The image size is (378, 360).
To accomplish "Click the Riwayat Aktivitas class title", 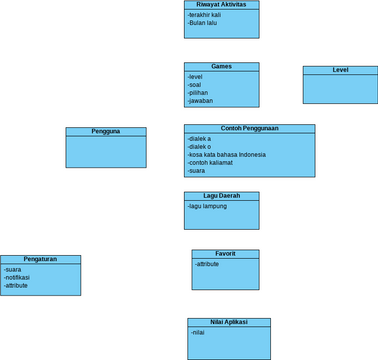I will [x=222, y=5].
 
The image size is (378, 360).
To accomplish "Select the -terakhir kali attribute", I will [x=206, y=15].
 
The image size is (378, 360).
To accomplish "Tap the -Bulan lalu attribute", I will [x=203, y=23].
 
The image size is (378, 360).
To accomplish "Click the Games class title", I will [x=221, y=67].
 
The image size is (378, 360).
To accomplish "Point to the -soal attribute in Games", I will [x=194, y=85].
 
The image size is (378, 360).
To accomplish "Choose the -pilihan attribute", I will [x=198, y=93].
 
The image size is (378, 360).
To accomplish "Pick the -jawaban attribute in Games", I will [x=200, y=101].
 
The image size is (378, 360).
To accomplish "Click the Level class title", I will [x=340, y=70].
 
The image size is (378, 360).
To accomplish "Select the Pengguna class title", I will [x=106, y=132].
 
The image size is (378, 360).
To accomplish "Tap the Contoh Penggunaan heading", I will [x=249, y=129].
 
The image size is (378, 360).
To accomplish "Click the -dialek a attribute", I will [x=200, y=139].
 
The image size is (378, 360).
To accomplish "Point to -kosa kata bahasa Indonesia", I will [x=226, y=155].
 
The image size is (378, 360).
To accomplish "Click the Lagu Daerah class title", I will [x=221, y=196].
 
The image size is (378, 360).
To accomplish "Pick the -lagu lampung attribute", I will [x=207, y=206].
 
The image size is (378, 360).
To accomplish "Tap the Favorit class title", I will [x=225, y=254].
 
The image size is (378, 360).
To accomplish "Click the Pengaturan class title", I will [x=40, y=259].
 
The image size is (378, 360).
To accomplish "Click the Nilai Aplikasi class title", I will [x=229, y=322].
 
